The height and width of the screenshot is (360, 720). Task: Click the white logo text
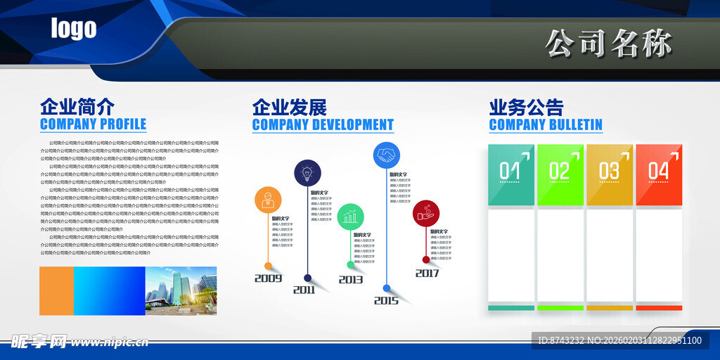click(73, 29)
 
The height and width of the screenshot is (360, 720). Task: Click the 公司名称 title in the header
click(609, 43)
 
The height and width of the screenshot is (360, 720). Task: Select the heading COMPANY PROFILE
click(93, 124)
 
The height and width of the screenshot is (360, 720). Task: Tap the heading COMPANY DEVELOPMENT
click(323, 124)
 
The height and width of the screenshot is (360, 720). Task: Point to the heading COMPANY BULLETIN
click(546, 124)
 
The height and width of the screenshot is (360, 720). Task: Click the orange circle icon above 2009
click(267, 200)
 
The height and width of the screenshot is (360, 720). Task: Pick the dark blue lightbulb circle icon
click(307, 173)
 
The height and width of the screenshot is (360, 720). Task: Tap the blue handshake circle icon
click(386, 155)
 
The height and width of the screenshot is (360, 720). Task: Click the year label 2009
click(268, 278)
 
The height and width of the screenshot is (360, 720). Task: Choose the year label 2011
click(304, 290)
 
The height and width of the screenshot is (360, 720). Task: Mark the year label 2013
click(351, 280)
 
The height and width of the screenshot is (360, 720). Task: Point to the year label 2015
click(386, 301)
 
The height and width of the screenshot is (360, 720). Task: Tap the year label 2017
click(427, 274)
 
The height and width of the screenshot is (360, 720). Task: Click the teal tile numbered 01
click(511, 174)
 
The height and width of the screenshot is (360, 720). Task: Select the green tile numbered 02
click(560, 174)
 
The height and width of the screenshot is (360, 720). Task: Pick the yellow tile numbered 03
click(610, 174)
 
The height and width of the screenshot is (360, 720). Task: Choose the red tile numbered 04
click(659, 174)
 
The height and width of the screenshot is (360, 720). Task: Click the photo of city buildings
click(181, 290)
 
